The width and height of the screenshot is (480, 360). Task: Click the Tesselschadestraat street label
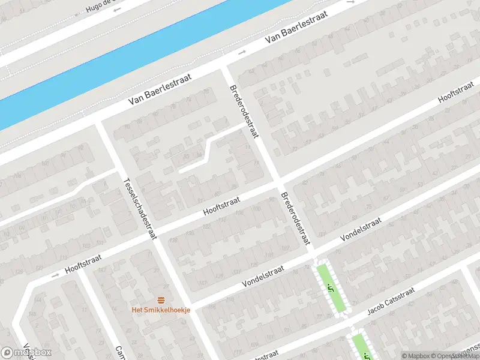(137, 207)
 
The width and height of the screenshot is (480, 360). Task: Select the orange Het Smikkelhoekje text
(161, 310)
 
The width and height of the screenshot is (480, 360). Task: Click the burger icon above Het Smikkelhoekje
(161, 299)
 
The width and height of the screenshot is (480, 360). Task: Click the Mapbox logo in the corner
(26, 352)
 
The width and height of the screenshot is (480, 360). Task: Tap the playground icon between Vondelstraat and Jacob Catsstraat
(330, 289)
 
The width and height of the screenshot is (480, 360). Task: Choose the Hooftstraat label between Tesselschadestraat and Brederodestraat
(221, 208)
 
